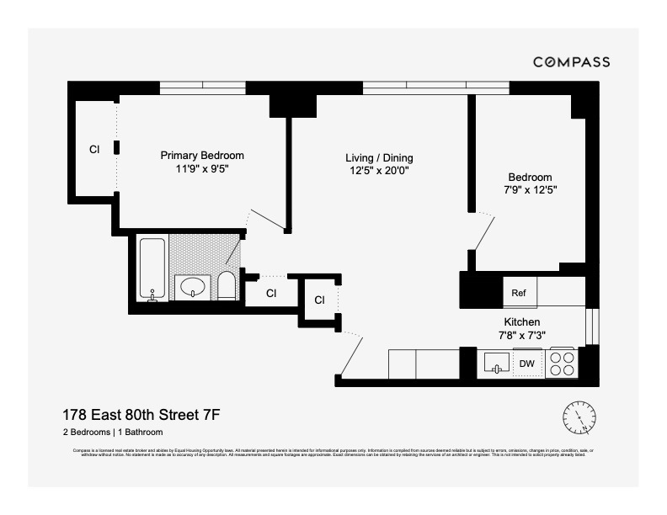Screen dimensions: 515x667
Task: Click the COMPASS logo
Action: click(x=571, y=62)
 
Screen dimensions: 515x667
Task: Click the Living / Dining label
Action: click(x=379, y=158)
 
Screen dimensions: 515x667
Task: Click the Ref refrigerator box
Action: click(x=519, y=293)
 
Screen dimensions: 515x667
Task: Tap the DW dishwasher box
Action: click(x=527, y=364)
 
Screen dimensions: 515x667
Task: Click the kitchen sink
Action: click(x=497, y=364)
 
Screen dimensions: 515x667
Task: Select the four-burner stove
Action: click(x=562, y=364)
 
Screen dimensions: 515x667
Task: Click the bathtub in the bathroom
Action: click(x=152, y=269)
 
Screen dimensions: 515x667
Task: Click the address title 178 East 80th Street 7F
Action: click(x=141, y=414)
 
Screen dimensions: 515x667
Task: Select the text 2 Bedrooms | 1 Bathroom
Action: click(x=113, y=433)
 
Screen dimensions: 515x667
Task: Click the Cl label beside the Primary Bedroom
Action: click(x=94, y=150)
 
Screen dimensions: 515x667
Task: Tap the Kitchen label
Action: click(x=521, y=322)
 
